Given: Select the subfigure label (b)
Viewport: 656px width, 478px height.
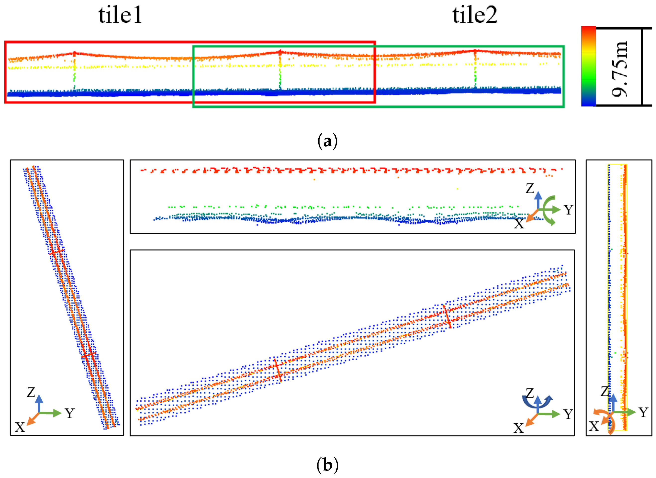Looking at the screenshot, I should coord(327,465).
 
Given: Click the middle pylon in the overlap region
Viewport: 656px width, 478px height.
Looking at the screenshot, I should coord(280,69).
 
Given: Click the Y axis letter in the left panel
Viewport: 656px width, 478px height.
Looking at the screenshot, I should coord(69,413).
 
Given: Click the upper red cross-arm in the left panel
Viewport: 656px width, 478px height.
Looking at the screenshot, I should coord(56,252).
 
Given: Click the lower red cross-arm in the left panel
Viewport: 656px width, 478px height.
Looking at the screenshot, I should coord(89,355).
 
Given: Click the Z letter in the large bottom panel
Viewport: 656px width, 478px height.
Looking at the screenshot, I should coord(529,393).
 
